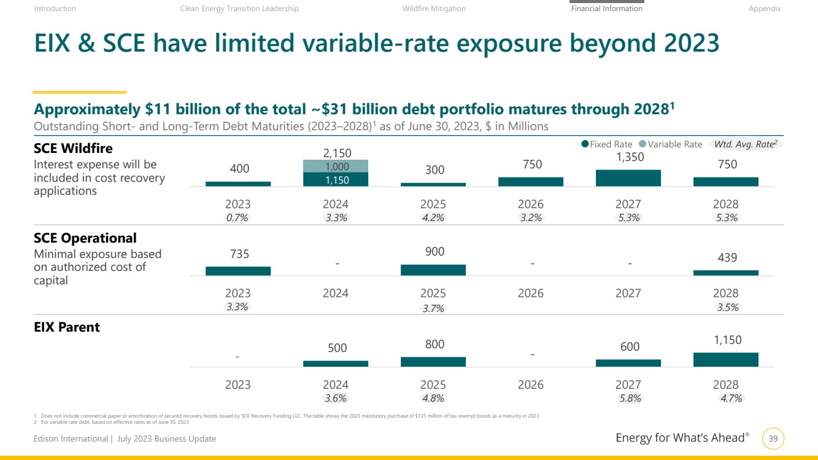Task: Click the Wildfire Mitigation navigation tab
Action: (434, 9)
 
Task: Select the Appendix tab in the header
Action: (765, 9)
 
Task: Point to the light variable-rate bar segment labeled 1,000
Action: (336, 166)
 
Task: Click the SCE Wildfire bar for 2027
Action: (628, 178)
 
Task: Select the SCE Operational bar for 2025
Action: (433, 270)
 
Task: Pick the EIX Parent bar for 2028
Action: (725, 360)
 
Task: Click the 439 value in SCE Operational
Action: (727, 258)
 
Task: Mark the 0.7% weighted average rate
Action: (237, 217)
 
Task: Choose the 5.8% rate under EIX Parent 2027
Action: (630, 398)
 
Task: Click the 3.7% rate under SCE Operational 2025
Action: (433, 308)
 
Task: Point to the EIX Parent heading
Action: (67, 327)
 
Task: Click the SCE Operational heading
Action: (85, 238)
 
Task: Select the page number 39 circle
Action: (773, 439)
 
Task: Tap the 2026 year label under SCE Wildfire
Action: (530, 204)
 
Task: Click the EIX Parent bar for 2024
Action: (336, 364)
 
